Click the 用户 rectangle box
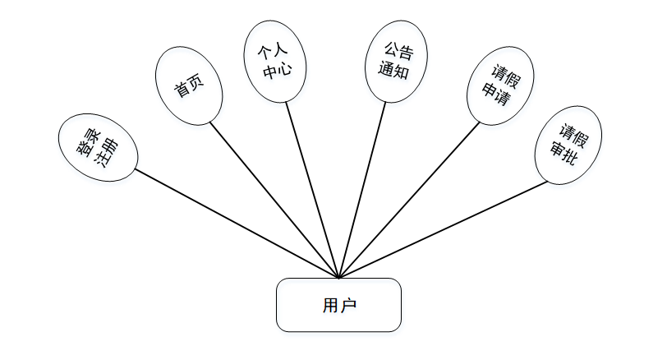338,305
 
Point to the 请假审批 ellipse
568,145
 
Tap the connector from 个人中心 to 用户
312,189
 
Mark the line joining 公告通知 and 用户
362,189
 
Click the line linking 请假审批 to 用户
444,229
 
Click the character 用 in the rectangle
329,306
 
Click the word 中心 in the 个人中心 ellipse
274,72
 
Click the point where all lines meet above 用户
338,278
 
